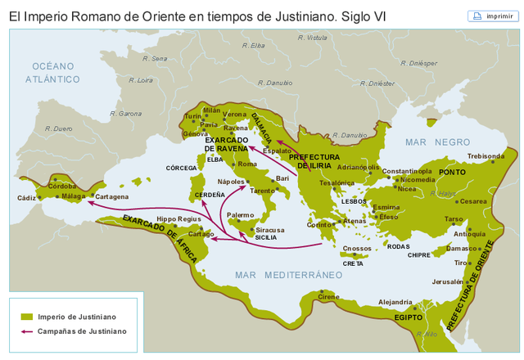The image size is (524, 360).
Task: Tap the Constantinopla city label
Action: pos(407,171)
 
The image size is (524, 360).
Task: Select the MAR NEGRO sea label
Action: pos(437,142)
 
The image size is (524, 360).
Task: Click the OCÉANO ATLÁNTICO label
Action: pos(52,72)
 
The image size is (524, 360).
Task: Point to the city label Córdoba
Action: pos(62,186)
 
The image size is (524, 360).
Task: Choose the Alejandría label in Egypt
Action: pos(395,302)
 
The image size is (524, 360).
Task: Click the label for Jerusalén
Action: pos(447,281)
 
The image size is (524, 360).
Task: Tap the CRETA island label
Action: pos(353,263)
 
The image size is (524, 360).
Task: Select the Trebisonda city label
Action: pos(486,155)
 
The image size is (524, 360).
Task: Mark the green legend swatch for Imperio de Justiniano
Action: pos(27,317)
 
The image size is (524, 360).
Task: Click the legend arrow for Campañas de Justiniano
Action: pos(27,331)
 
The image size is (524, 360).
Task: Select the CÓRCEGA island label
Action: pos(182,168)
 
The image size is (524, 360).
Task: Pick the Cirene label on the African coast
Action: pos(328,297)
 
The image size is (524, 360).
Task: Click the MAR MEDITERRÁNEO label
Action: pos(288,274)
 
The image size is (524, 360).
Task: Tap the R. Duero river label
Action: pos(59,128)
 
